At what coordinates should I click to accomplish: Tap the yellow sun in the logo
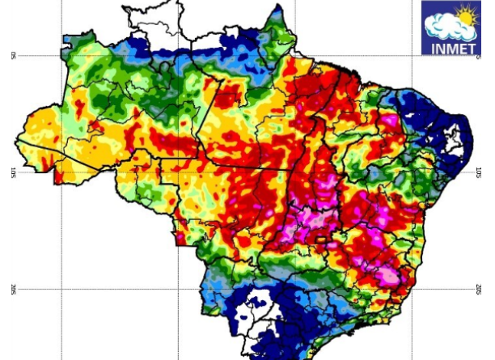467,15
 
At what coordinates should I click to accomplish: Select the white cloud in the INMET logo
446,26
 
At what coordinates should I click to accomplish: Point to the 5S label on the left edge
14,55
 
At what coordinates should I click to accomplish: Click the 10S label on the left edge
14,172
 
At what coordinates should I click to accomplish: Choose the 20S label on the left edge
14,289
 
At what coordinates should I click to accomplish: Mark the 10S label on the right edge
478,172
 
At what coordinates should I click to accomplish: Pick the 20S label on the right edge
478,289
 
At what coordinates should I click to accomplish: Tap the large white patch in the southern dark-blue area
260,308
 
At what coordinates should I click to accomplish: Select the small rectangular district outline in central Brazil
322,239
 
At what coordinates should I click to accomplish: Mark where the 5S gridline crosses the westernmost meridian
61,55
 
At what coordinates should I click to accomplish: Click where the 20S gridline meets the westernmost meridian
61,289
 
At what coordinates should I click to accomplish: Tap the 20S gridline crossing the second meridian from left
178,289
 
